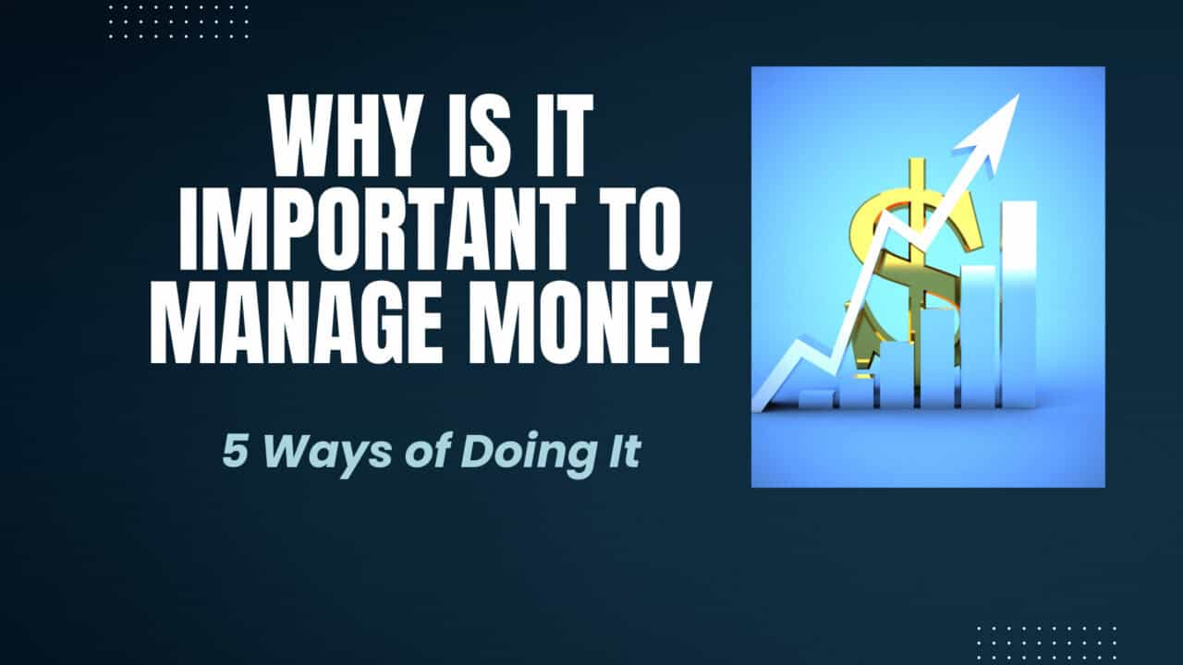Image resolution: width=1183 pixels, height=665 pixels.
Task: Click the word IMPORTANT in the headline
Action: click(377, 228)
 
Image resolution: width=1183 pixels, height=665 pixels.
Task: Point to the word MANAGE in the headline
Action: click(295, 322)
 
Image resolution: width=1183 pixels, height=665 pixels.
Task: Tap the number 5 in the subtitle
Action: click(235, 453)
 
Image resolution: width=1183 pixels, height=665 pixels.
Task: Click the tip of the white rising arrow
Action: click(1018, 95)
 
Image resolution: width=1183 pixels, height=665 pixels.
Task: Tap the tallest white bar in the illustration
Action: click(1019, 304)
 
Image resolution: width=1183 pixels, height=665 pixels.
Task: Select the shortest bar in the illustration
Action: click(817, 400)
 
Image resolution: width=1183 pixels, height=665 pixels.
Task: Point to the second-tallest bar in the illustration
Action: click(978, 337)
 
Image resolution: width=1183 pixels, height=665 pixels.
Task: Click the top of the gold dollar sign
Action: click(918, 160)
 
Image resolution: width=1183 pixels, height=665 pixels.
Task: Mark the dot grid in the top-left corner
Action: click(179, 23)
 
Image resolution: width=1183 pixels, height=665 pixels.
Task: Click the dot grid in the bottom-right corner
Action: click(1046, 643)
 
